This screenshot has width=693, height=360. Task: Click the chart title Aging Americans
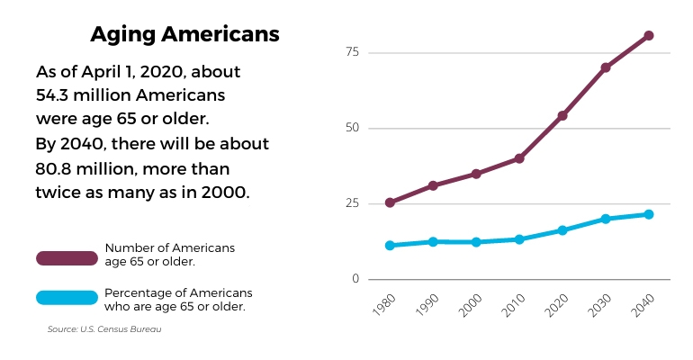(x=184, y=35)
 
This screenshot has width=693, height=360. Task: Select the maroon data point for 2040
(x=648, y=36)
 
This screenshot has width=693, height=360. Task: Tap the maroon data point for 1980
(x=390, y=202)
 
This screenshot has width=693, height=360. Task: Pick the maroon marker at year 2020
(x=562, y=115)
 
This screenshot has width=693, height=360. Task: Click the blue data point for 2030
(x=606, y=219)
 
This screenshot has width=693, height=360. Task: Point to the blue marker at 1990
(x=433, y=241)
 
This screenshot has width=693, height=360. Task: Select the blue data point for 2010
(x=519, y=239)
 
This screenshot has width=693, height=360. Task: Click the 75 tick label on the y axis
(x=351, y=52)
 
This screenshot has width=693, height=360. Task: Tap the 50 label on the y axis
(x=351, y=128)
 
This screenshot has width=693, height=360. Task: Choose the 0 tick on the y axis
(x=355, y=279)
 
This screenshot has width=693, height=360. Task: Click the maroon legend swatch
(x=67, y=258)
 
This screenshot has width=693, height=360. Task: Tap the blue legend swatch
(x=67, y=298)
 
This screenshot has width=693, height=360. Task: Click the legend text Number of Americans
(x=169, y=247)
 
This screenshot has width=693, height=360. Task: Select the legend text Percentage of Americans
(x=178, y=293)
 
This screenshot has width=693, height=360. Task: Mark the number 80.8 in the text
(x=58, y=168)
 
